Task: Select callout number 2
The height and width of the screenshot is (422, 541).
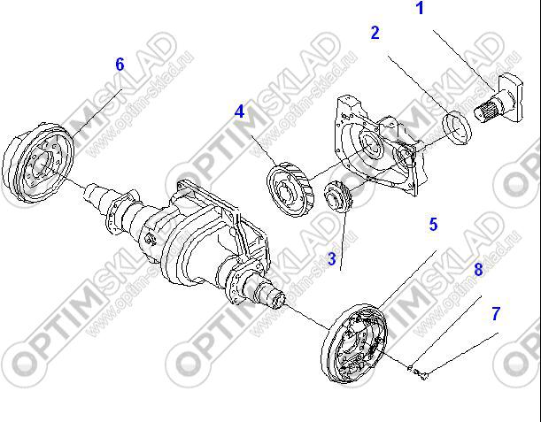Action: [375, 33]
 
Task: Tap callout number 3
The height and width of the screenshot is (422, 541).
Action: [331, 259]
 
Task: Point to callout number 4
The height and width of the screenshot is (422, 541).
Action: [239, 111]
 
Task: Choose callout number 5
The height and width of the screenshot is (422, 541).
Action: [434, 225]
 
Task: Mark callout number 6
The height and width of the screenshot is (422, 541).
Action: [120, 64]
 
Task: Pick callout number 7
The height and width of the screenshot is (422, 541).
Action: [496, 313]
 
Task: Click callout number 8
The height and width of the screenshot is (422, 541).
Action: [478, 270]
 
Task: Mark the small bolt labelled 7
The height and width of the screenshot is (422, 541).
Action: [423, 375]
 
